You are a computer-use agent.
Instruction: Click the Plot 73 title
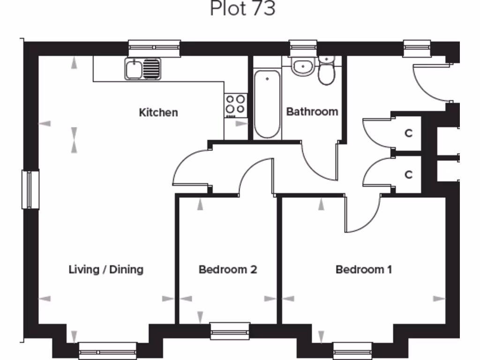tap(242, 9)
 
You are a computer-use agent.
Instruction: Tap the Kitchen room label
tap(158, 112)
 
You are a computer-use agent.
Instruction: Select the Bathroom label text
tap(312, 112)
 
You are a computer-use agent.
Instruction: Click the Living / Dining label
tap(106, 270)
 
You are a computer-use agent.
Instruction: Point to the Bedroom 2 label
tap(228, 270)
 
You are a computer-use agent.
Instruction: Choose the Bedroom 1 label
tap(364, 270)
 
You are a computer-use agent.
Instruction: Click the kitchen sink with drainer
tap(142, 69)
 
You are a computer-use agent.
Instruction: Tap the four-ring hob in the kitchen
tap(236, 105)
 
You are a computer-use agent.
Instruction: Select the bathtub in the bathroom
tap(267, 104)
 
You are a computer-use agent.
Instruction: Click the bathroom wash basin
tap(303, 67)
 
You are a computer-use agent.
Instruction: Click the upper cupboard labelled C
tap(408, 134)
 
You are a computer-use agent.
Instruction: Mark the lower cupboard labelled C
tap(408, 175)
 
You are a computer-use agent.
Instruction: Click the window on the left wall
tap(30, 189)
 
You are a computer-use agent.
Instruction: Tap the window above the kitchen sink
tap(154, 47)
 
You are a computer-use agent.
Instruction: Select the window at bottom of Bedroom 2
tap(230, 331)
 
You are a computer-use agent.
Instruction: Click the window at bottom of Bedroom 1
tap(352, 350)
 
